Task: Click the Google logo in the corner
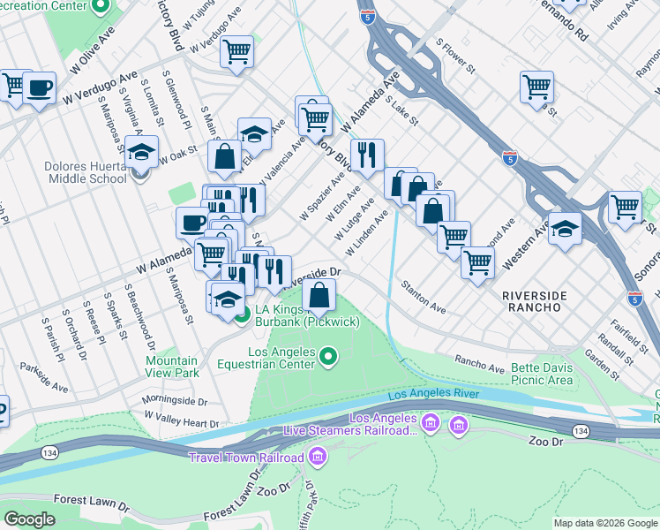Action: (x=29, y=519)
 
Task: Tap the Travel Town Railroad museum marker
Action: (x=318, y=457)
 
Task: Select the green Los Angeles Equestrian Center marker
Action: (x=328, y=357)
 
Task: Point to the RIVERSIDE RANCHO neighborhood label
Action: (x=530, y=300)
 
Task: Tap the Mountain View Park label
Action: (x=172, y=367)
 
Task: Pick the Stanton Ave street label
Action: (x=424, y=297)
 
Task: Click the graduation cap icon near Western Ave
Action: (x=565, y=228)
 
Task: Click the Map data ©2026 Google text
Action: (x=604, y=523)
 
